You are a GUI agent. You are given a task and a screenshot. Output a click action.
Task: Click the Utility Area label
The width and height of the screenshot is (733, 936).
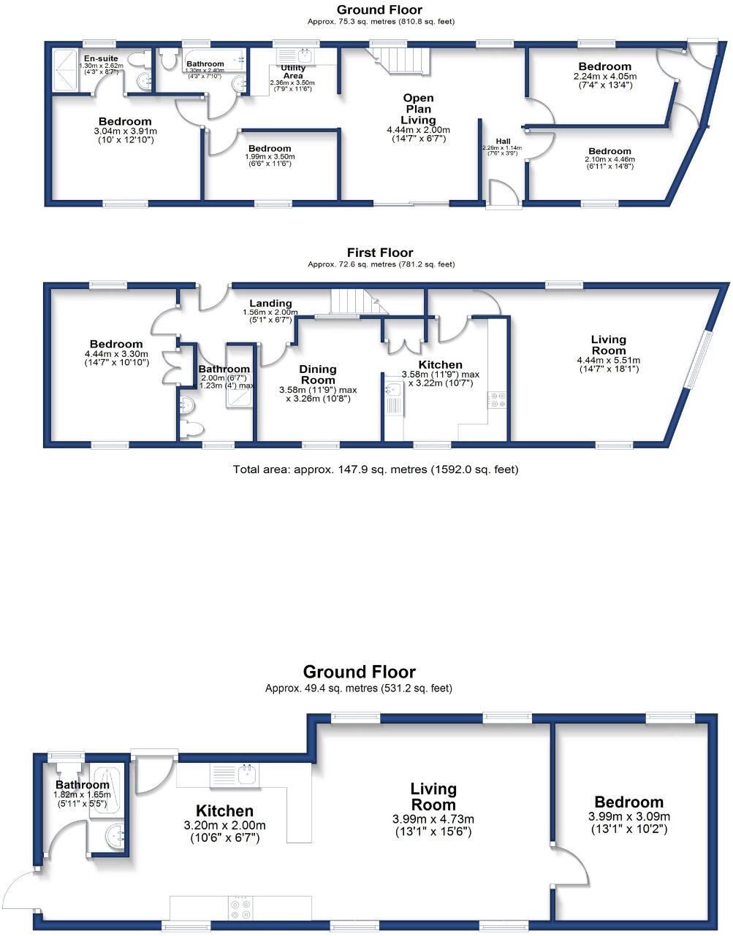pos(293,72)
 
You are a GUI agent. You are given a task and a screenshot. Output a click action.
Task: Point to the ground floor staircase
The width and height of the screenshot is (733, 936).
pos(401,59)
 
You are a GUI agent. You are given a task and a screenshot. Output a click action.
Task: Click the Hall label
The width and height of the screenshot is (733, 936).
pos(503,141)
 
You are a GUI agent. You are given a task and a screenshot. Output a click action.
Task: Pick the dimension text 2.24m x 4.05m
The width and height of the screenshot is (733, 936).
pos(604,76)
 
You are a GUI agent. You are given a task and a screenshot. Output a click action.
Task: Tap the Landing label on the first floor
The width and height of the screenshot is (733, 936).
pos(270,304)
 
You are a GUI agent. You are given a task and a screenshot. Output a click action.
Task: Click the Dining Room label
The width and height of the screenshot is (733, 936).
pos(318,375)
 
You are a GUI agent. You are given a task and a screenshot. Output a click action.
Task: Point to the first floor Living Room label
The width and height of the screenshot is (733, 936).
pos(608,345)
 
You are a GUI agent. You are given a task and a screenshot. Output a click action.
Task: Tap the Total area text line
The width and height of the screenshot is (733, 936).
pos(375,469)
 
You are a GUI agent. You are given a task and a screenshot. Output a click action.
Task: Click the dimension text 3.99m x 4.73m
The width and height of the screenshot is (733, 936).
pos(433,818)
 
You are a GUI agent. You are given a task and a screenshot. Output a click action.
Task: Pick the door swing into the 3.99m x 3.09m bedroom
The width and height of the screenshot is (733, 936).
pos(572,868)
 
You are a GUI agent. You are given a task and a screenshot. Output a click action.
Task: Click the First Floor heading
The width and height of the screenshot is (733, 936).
pos(380,253)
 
